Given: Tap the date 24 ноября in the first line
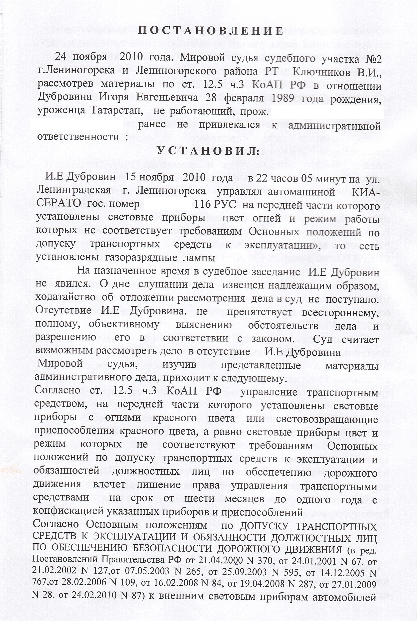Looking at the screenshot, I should pyautogui.click(x=81, y=58).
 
